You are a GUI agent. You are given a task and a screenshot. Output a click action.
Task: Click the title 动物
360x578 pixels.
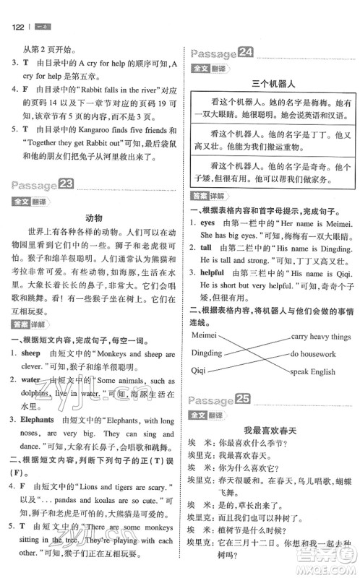94,217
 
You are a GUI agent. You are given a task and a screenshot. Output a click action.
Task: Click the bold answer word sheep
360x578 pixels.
31,353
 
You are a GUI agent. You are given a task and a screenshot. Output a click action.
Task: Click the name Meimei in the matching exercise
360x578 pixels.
207,335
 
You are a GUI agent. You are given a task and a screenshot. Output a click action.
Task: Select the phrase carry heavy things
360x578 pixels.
320,336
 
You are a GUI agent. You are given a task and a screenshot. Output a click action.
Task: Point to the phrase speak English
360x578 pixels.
313,372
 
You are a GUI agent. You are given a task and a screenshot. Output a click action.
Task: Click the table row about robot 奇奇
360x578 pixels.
271,173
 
